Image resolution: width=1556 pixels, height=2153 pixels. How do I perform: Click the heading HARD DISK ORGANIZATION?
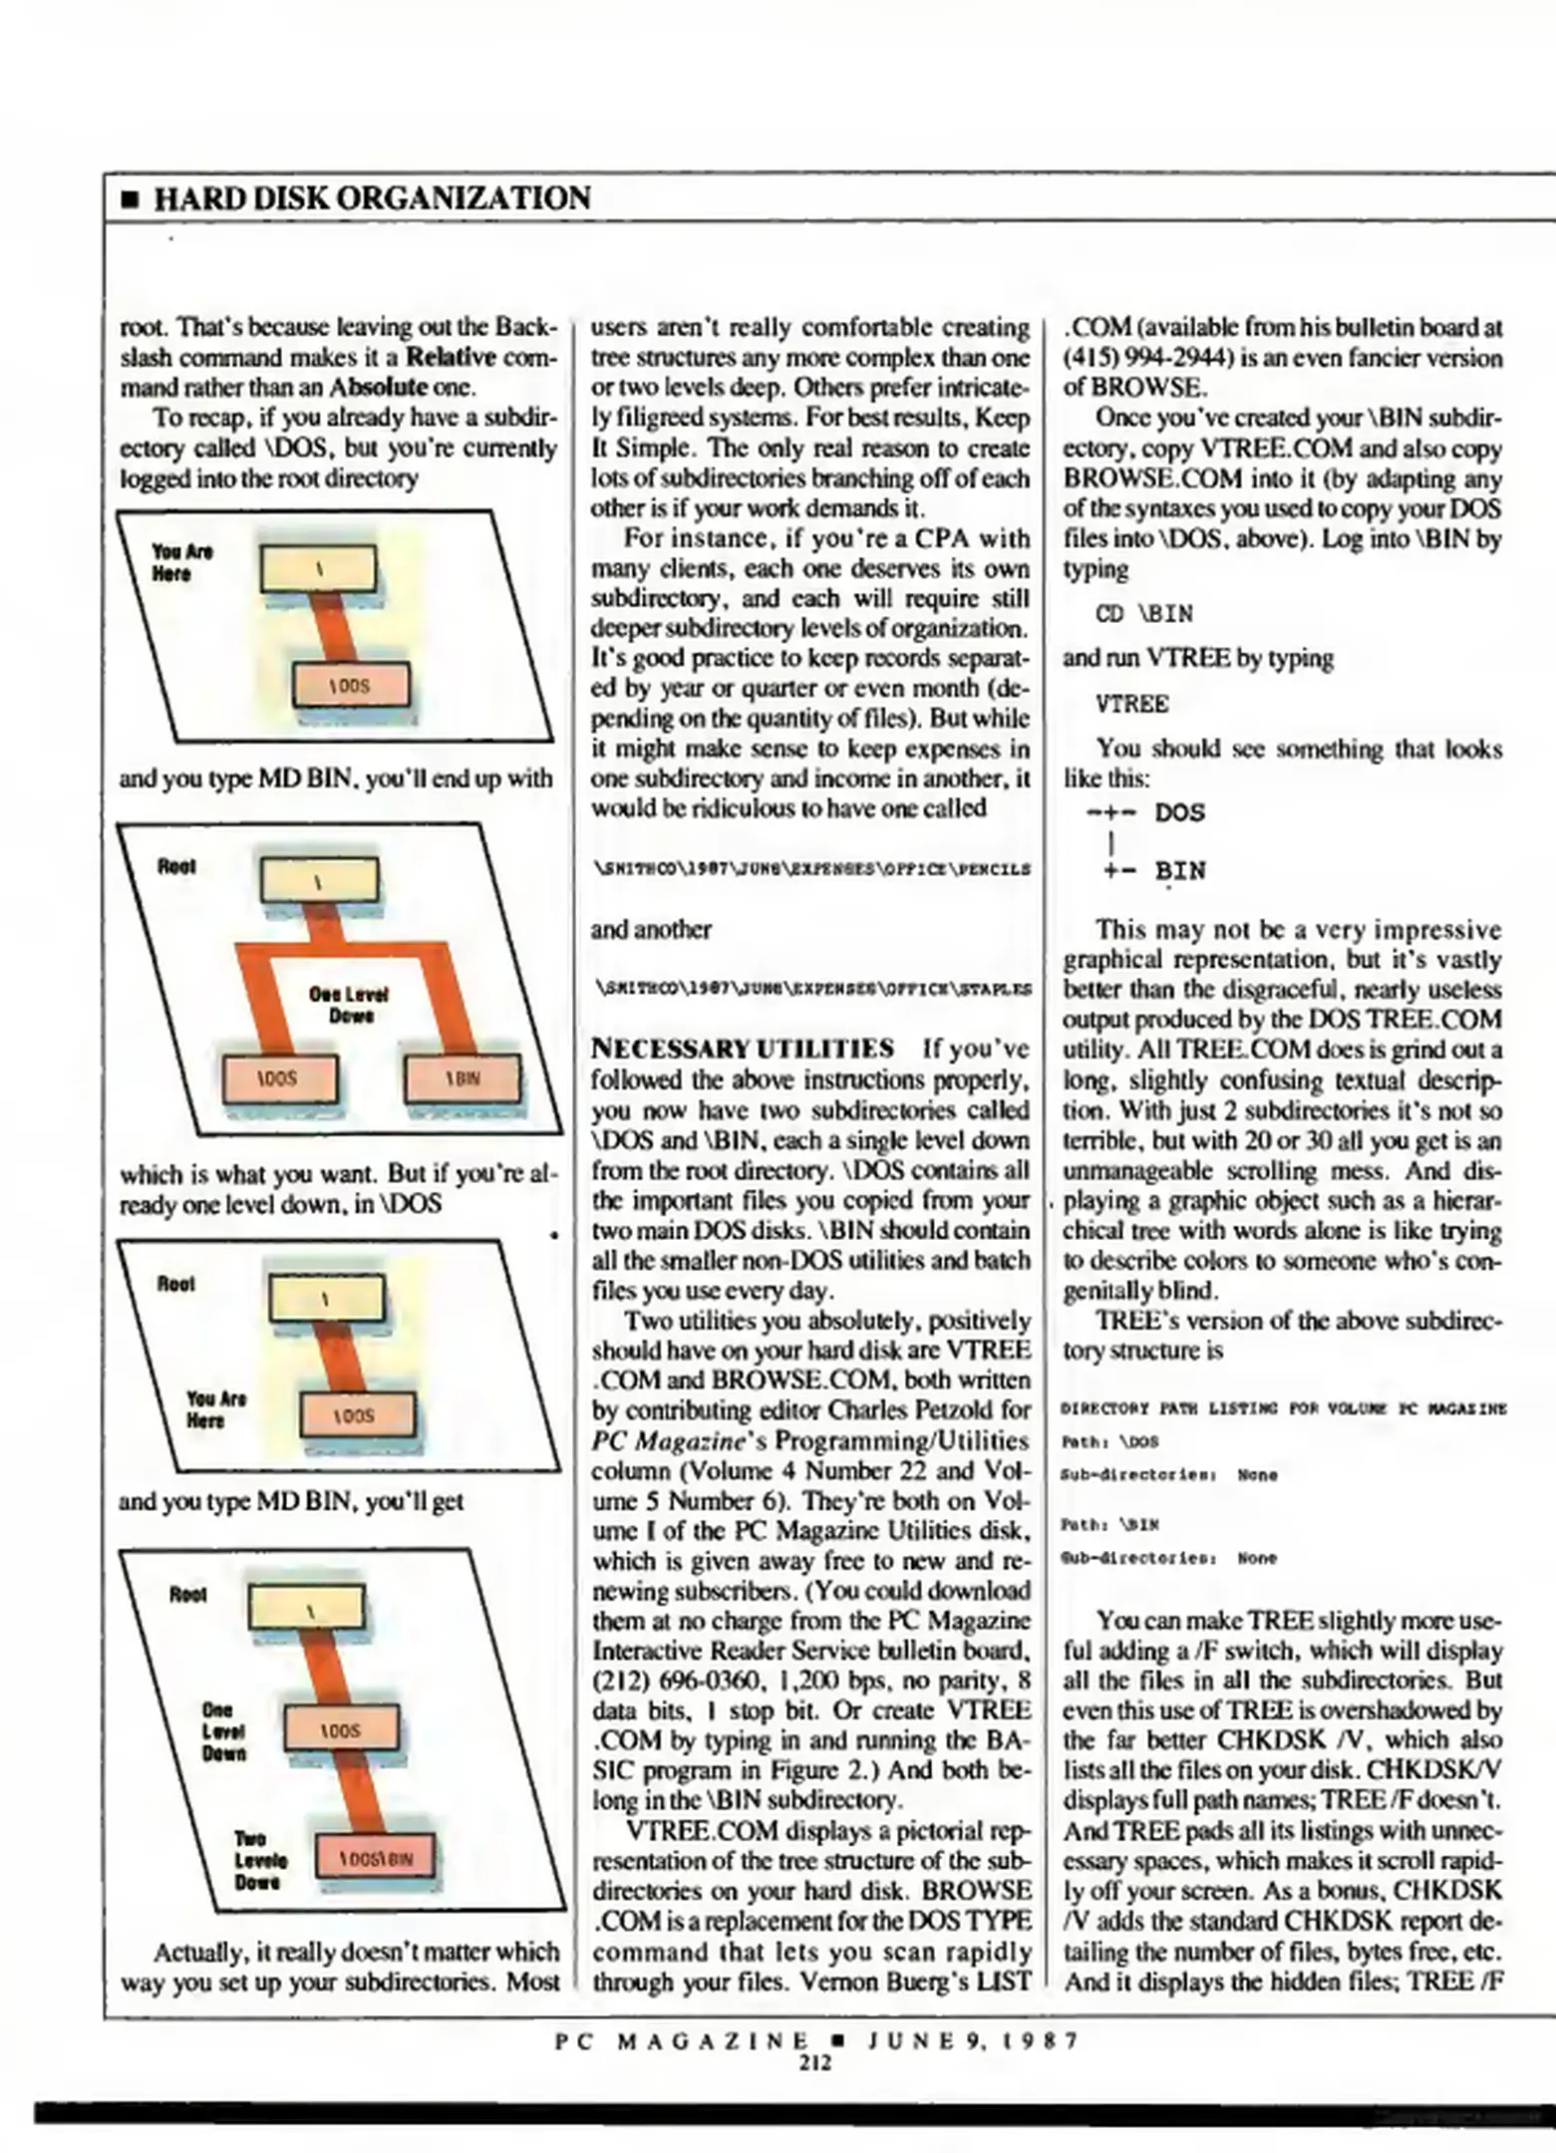tap(371, 198)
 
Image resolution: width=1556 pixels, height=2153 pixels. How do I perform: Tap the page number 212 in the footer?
tap(814, 2063)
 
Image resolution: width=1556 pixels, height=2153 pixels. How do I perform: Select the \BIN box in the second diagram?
tap(462, 1078)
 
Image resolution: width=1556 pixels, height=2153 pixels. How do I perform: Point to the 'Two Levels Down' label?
tap(259, 1860)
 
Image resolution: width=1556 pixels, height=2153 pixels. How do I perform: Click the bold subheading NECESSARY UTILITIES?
tap(743, 1049)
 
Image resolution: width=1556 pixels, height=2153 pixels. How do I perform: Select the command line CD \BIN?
tap(1143, 614)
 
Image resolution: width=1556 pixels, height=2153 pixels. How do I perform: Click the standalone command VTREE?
tap(1131, 704)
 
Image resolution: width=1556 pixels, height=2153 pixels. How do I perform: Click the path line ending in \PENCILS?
tap(810, 869)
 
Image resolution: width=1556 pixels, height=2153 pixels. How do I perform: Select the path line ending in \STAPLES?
tap(810, 989)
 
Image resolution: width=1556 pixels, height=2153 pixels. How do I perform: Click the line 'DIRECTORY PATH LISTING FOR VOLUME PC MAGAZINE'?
tap(1283, 1408)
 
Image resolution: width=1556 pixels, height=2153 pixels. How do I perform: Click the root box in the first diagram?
tap(318, 570)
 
